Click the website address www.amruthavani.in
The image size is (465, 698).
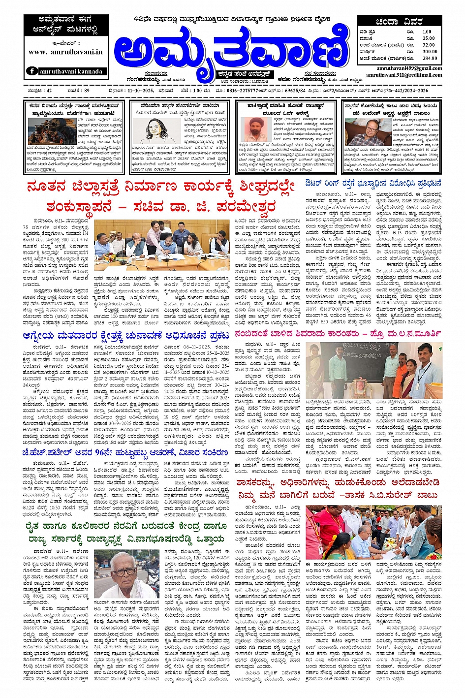[x=65, y=52]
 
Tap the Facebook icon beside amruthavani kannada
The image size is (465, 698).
[x=32, y=71]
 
